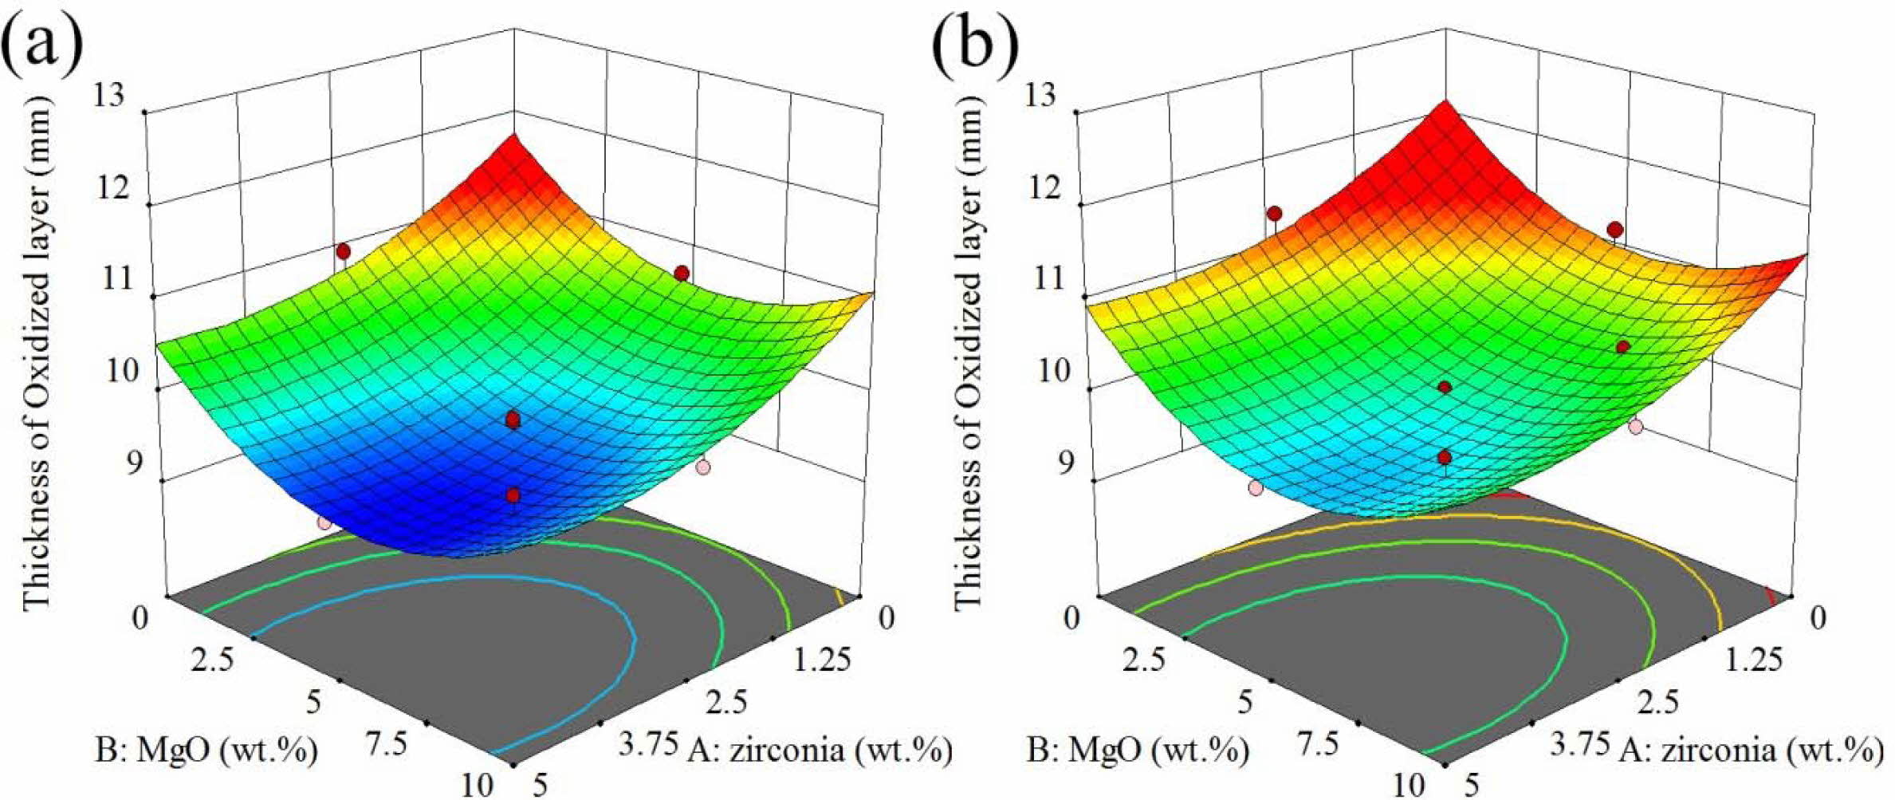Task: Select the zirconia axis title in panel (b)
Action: [x=1751, y=751]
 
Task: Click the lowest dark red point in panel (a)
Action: [x=513, y=496]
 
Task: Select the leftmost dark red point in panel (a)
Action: [x=344, y=252]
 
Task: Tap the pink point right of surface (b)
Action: [x=1636, y=427]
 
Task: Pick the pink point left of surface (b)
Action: [x=1256, y=487]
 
